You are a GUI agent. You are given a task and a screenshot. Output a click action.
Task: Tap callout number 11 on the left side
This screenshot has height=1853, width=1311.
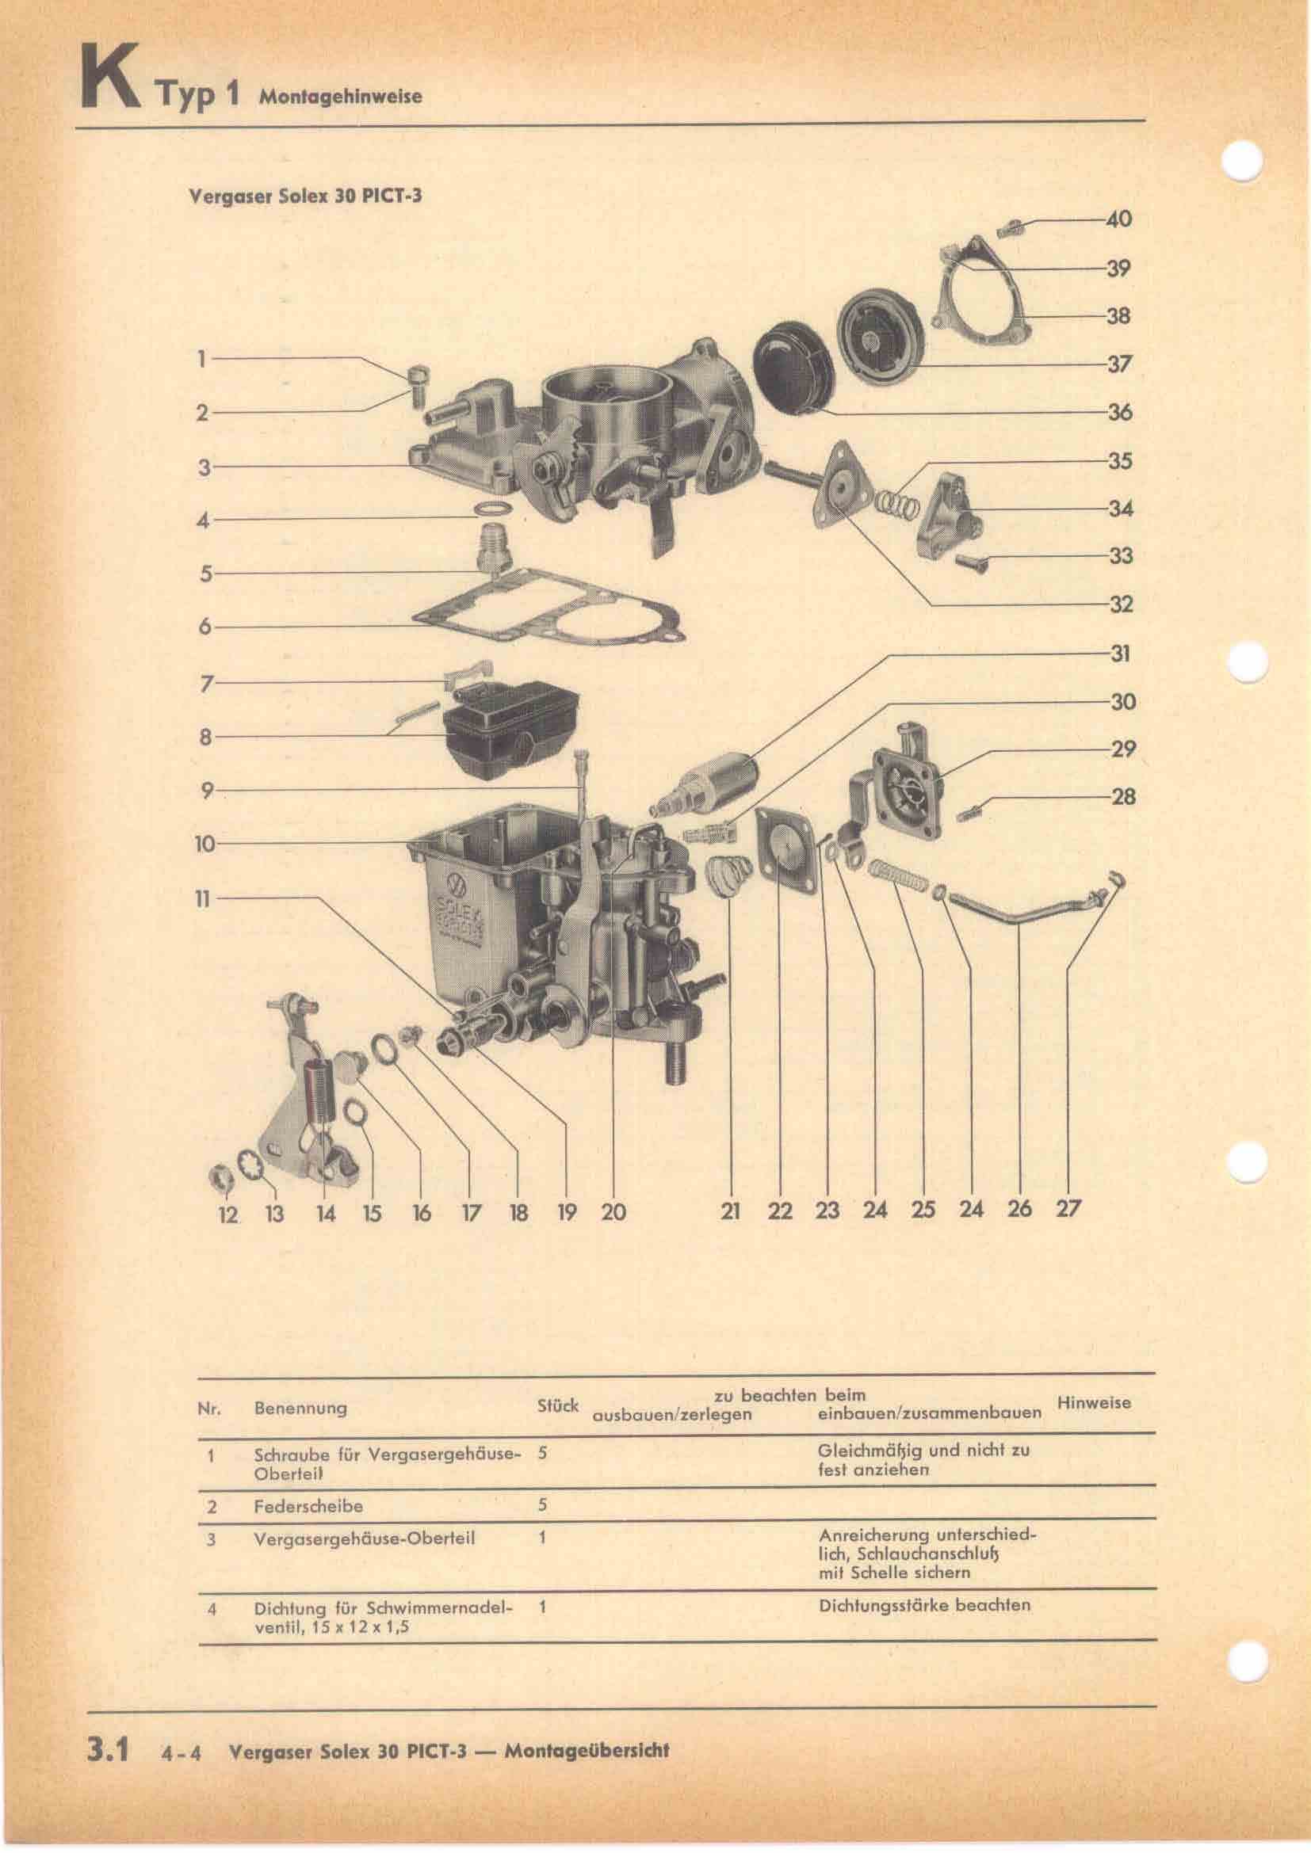click(x=203, y=898)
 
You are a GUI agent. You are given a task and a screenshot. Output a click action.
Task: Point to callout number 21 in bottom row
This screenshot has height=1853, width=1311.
click(x=731, y=1211)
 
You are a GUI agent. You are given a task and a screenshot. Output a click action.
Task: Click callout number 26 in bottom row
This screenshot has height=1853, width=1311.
click(x=1019, y=1208)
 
